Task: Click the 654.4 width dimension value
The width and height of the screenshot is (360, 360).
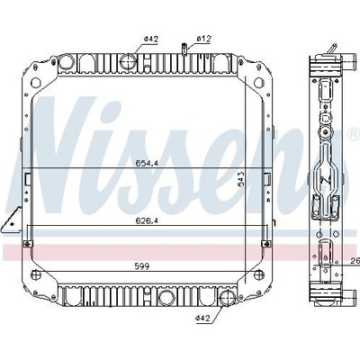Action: (147, 163)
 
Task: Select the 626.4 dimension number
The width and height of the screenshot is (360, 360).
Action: (147, 221)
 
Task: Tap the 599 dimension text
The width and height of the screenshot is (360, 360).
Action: (142, 266)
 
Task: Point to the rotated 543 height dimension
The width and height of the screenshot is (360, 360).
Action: (241, 179)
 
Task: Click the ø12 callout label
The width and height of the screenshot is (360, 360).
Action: (204, 39)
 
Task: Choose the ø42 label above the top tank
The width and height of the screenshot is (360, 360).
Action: (151, 39)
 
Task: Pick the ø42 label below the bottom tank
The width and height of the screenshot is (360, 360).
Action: (202, 318)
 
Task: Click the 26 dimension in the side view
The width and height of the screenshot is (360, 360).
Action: (355, 262)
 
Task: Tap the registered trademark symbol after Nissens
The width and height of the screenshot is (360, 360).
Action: (354, 133)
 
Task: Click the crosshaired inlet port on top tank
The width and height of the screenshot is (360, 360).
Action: (128, 61)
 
